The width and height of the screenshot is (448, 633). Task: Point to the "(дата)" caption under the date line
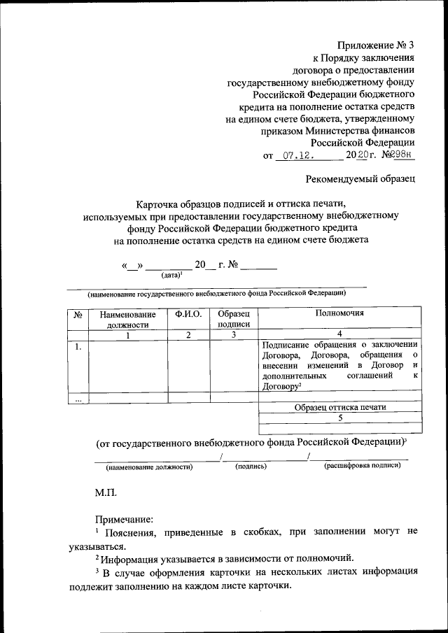(171, 276)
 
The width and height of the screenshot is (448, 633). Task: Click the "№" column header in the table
(78, 315)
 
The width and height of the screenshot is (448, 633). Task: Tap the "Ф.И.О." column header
(188, 315)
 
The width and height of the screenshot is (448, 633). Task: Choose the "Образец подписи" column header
(234, 320)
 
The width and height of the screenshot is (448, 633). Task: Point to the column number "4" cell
(340, 334)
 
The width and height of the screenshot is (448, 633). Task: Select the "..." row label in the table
(78, 399)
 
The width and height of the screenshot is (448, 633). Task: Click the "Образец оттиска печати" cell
(340, 407)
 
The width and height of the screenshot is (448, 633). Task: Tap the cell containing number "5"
(340, 418)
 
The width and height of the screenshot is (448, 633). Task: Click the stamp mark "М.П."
(106, 493)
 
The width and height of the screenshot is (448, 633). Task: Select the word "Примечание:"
(123, 519)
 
